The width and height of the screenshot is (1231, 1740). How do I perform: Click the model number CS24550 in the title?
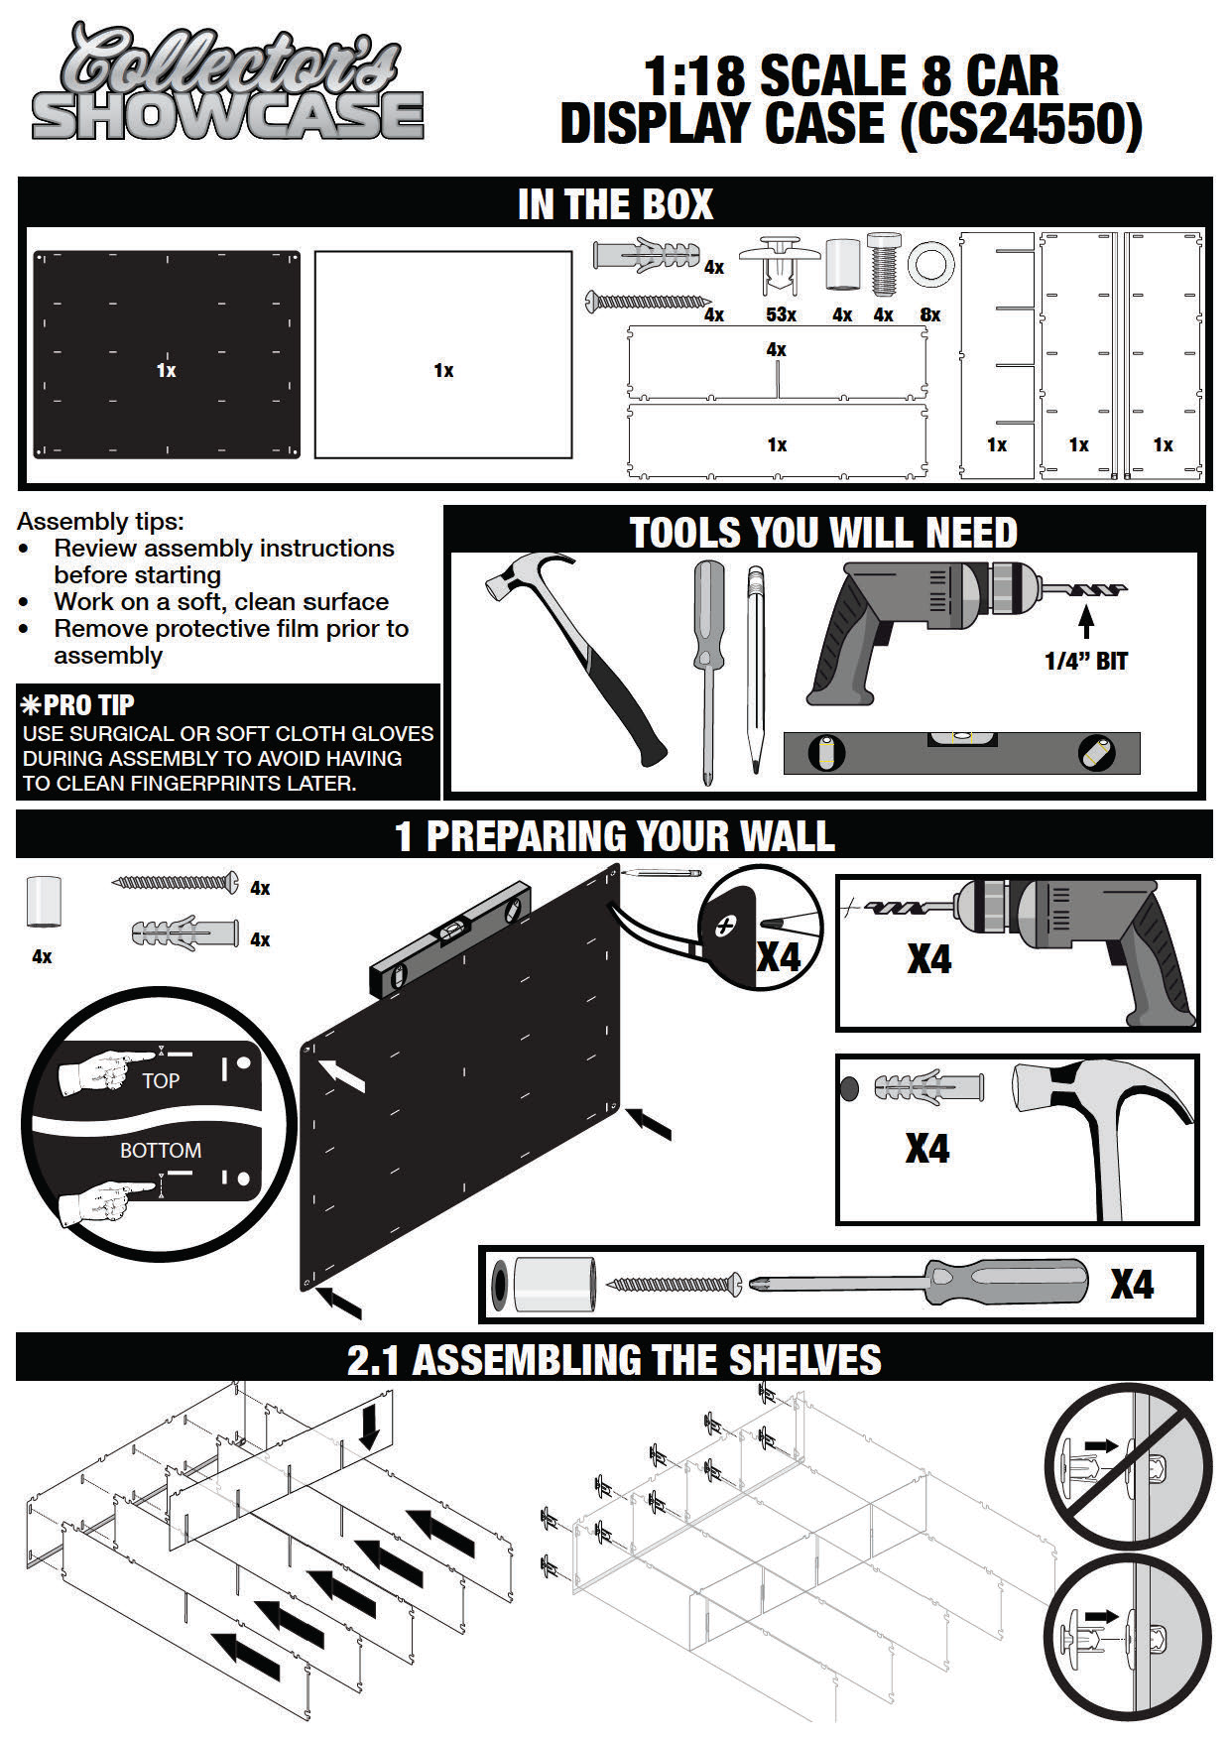point(1022,125)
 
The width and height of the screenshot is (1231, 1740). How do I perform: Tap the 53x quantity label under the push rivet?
point(781,314)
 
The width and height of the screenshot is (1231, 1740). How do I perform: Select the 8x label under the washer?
point(929,314)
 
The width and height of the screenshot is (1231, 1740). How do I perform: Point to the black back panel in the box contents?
point(167,354)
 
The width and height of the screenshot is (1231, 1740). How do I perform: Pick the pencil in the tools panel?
point(756,670)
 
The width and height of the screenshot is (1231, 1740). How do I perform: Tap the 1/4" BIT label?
point(1085,661)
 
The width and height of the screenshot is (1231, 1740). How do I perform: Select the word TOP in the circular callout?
point(160,1080)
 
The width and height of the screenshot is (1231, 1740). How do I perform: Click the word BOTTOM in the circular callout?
point(160,1150)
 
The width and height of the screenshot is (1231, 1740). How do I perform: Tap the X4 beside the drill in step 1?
point(928,959)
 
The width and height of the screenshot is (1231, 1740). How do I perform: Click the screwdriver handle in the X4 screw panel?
point(1002,1283)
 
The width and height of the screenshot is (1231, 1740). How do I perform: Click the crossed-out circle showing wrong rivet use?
point(1128,1465)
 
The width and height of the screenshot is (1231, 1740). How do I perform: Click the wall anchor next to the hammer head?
point(927,1087)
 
